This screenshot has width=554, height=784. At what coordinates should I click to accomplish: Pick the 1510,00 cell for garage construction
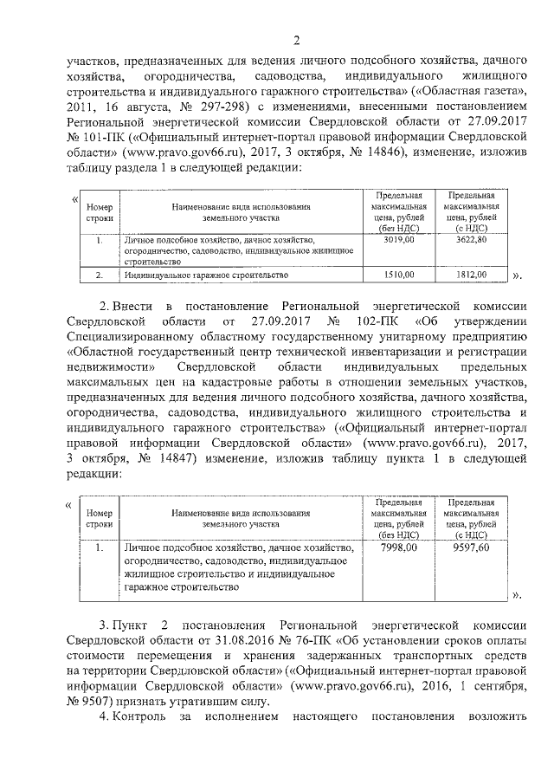click(399, 275)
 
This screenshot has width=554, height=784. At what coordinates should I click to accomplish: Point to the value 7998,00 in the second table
click(399, 548)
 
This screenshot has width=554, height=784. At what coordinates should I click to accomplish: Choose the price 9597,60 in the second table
click(471, 548)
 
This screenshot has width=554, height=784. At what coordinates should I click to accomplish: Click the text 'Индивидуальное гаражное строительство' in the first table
click(206, 275)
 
